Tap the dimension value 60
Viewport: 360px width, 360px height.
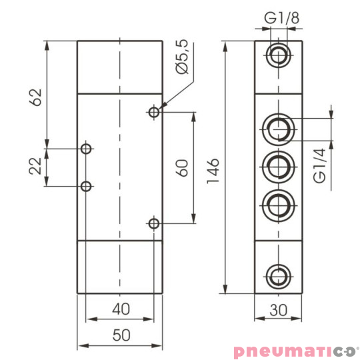pos(181,167)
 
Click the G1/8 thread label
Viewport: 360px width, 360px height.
pos(278,18)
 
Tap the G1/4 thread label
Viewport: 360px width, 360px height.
pos(320,166)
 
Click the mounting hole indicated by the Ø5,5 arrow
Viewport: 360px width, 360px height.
pos(154,113)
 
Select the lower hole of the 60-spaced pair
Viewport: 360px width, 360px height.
pos(154,223)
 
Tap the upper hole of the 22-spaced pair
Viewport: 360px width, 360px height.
pos(85,148)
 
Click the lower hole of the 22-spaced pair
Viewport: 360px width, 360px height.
pos(85,187)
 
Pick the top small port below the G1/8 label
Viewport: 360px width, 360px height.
pos(278,56)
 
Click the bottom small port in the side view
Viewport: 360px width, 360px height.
pos(278,274)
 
